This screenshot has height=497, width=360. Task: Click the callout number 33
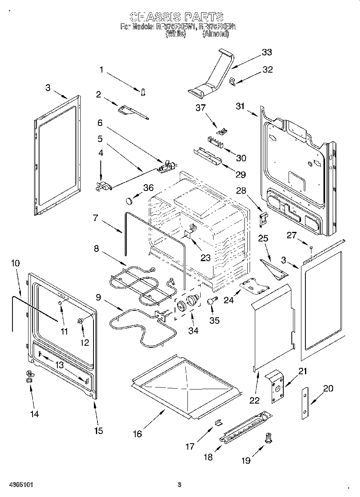click(x=266, y=52)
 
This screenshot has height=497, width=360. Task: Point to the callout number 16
click(x=138, y=434)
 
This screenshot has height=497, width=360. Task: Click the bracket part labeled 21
click(x=276, y=386)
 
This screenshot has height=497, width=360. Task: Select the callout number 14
click(x=35, y=414)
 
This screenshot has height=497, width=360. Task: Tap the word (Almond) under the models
click(x=216, y=34)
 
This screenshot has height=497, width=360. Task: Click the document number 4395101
click(x=20, y=485)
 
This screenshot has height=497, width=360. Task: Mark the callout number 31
click(x=240, y=106)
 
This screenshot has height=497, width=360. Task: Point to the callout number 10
click(x=15, y=264)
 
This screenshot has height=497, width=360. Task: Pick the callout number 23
click(x=205, y=258)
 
